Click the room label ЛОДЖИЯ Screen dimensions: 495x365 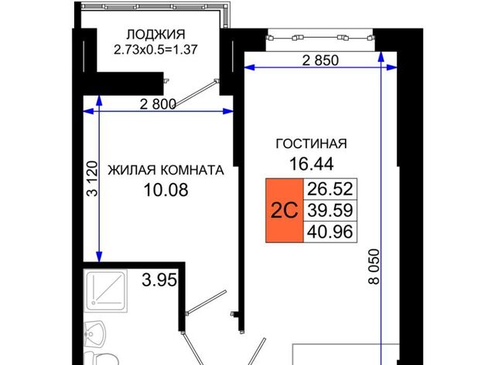point(155,34)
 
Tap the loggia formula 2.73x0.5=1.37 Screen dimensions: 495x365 point(155,49)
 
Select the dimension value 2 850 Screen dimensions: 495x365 point(320,60)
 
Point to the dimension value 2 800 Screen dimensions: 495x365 point(158,104)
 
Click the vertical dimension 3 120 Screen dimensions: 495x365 point(93,178)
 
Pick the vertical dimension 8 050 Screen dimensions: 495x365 point(374,267)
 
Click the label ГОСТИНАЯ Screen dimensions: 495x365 point(311,144)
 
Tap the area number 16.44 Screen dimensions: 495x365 point(311,164)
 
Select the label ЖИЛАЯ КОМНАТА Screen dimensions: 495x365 point(166,170)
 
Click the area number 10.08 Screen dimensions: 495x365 point(166,190)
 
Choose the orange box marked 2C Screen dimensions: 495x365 point(285,211)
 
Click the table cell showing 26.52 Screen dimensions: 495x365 point(330,189)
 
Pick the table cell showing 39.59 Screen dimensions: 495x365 point(330,211)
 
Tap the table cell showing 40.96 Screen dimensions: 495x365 point(330,232)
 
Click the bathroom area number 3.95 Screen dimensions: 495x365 point(159,279)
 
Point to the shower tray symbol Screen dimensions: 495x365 point(107,291)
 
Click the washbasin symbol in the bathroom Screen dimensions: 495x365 point(94,334)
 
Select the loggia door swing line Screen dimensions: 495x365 point(196,93)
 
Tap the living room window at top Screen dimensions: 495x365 point(320,38)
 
